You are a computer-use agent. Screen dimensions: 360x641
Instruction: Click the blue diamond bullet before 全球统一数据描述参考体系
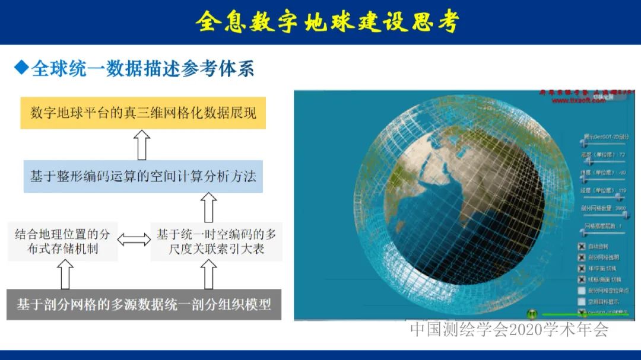pos(21,68)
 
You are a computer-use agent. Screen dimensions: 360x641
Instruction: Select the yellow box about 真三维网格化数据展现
pos(143,113)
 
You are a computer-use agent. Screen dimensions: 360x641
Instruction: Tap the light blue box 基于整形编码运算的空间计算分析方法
pos(143,176)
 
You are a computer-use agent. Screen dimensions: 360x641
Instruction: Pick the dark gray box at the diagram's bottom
pos(143,305)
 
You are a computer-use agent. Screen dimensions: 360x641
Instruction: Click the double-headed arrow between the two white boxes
pos(134,240)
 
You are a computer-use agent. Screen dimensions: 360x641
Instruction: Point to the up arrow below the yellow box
pos(142,145)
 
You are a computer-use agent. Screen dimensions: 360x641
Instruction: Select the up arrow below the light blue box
pos(208,208)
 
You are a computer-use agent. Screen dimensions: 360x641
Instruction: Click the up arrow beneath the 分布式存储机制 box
pos(65,275)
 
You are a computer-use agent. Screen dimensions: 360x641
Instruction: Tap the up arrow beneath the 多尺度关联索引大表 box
pos(208,275)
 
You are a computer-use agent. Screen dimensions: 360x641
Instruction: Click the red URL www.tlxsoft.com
pos(579,101)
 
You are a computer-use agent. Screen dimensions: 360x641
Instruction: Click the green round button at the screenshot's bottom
pos(532,314)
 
